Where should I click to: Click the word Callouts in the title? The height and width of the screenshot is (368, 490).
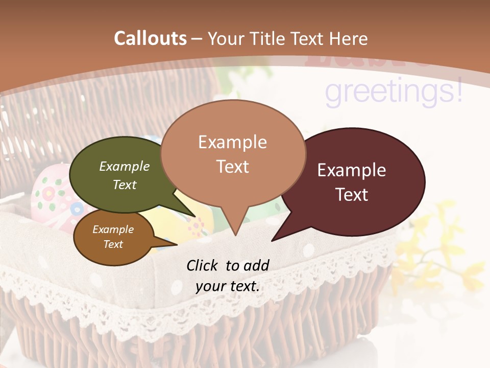click(x=150, y=38)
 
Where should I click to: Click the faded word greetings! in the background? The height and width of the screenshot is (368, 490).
click(x=394, y=93)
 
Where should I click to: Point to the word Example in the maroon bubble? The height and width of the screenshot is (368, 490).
click(x=352, y=170)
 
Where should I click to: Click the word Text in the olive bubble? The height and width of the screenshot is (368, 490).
click(x=125, y=185)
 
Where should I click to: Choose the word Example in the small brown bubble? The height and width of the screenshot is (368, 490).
click(x=113, y=229)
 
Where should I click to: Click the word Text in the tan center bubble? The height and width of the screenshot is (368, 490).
click(x=233, y=167)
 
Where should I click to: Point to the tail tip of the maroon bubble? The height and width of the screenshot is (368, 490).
click(x=273, y=240)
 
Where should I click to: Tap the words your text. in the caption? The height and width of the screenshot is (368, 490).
click(x=228, y=286)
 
